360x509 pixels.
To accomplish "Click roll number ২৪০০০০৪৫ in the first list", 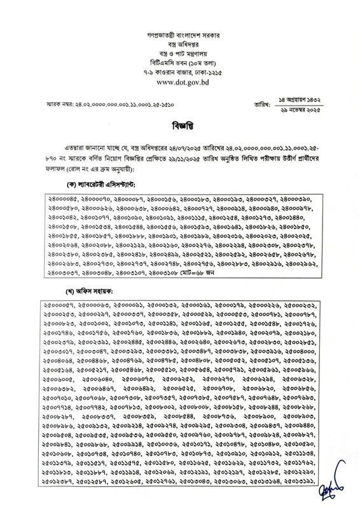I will point(66,199).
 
